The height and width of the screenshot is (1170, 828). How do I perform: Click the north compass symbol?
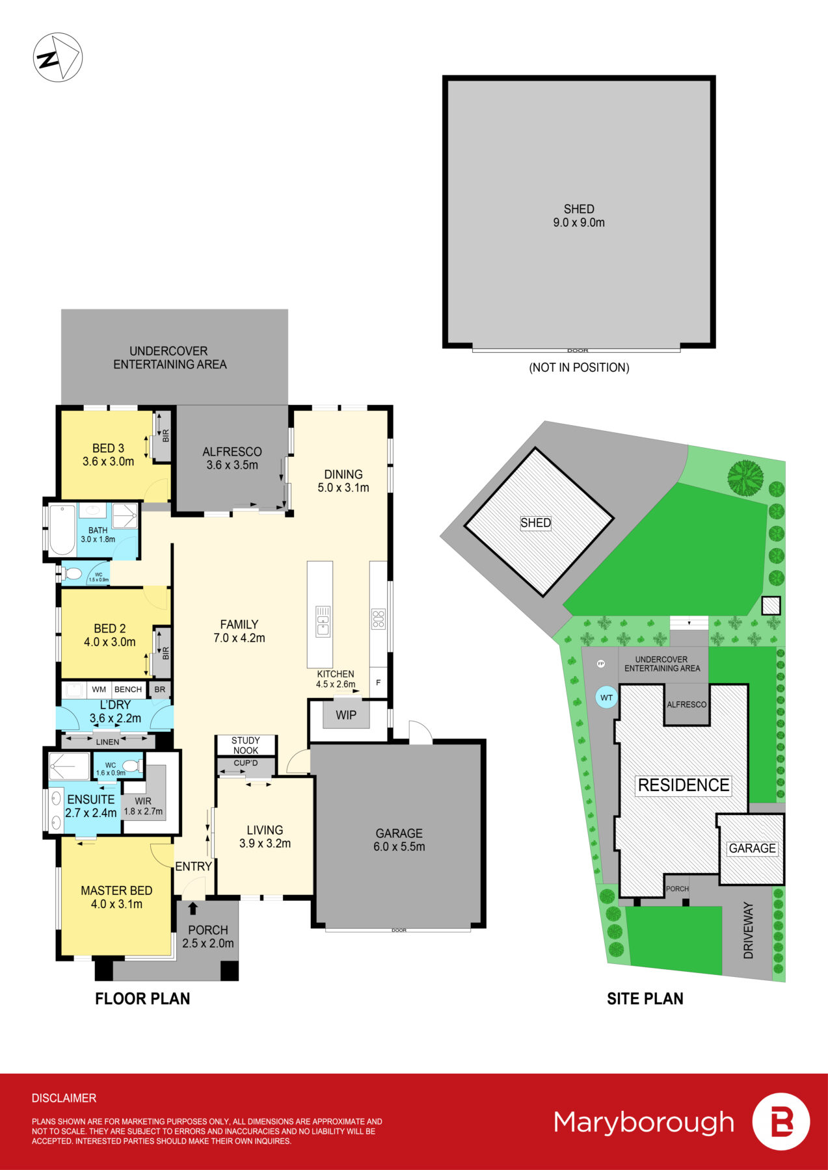click(57, 58)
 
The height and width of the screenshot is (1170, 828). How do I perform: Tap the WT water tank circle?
click(606, 697)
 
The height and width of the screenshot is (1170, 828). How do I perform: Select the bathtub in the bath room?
click(61, 530)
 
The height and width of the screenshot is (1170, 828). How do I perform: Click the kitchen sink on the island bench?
click(323, 620)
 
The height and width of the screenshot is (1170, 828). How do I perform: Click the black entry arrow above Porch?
click(193, 908)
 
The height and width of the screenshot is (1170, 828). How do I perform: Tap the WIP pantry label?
click(345, 715)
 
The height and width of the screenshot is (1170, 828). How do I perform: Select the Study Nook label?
click(246, 745)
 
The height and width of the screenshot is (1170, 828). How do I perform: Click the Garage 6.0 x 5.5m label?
click(399, 840)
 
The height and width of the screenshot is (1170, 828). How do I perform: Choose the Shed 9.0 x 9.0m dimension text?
click(579, 222)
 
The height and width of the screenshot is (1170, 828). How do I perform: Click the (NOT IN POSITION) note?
click(579, 367)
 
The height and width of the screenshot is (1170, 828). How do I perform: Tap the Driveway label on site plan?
click(748, 930)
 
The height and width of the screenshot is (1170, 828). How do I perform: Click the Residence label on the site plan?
click(683, 785)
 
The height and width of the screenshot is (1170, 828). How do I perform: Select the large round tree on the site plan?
click(745, 478)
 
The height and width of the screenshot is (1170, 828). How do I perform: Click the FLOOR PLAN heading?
click(142, 998)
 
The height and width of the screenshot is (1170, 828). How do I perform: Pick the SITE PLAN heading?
click(645, 998)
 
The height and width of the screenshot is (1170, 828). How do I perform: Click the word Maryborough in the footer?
click(643, 1123)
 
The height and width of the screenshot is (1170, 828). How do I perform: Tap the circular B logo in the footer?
click(781, 1122)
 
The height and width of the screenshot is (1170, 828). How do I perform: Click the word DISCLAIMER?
click(64, 1098)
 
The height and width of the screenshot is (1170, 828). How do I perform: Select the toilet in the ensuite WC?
click(131, 766)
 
